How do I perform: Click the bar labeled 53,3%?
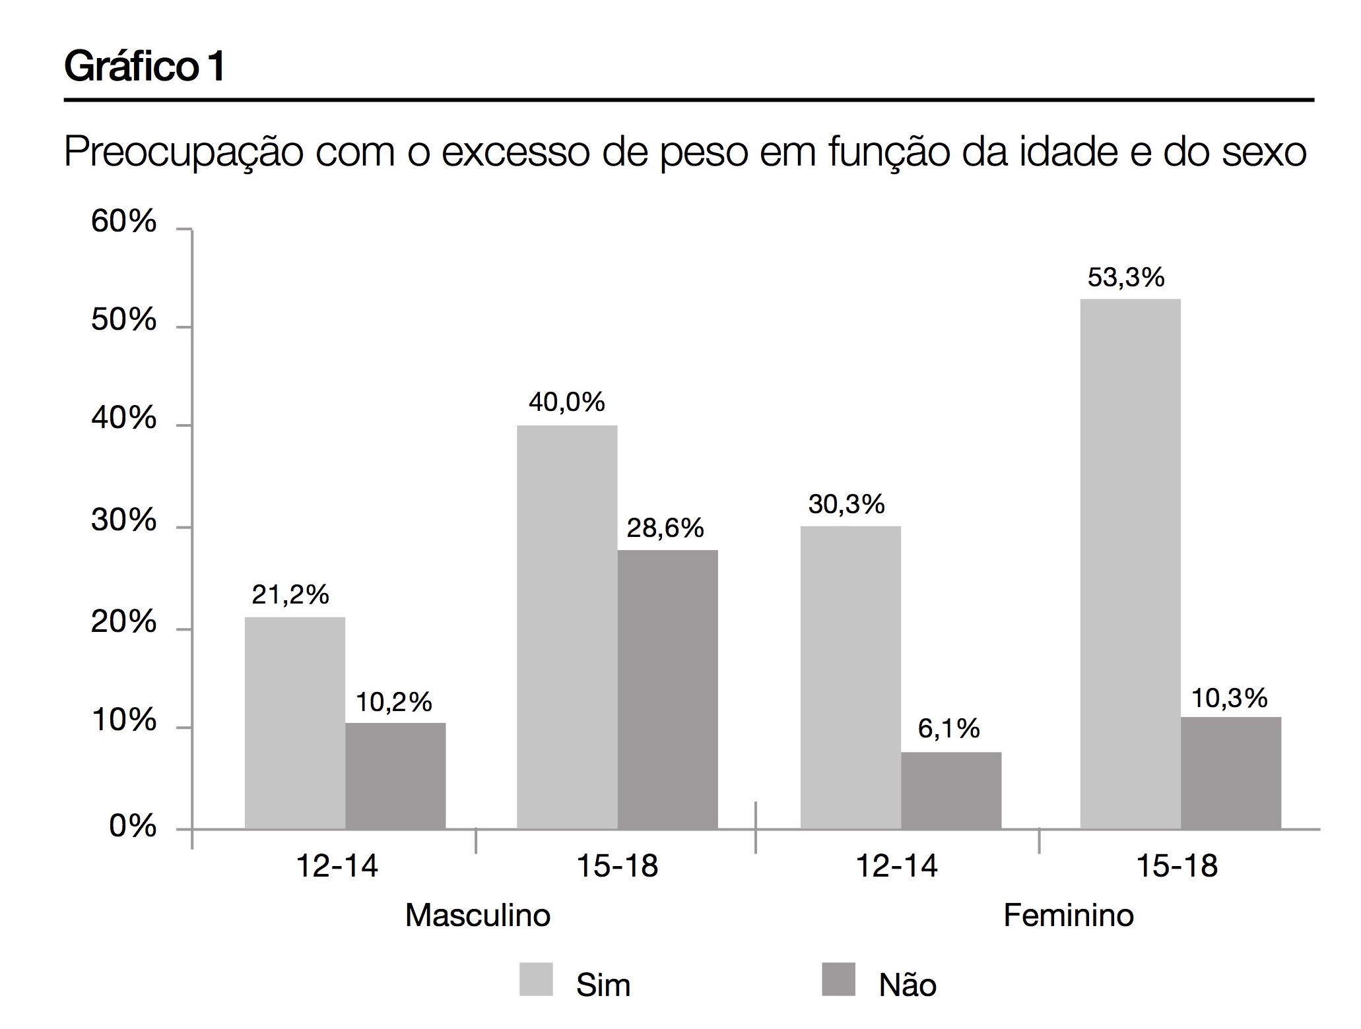[x=1129, y=564]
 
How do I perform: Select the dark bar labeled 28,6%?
[x=667, y=689]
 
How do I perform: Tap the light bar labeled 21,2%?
[x=294, y=723]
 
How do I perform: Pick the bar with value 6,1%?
[x=950, y=790]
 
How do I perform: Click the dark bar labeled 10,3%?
[x=1230, y=772]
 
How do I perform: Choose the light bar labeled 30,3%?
[x=850, y=677]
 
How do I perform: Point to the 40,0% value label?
[x=566, y=402]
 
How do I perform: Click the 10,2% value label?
[x=393, y=702]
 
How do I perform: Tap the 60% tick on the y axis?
[x=123, y=222]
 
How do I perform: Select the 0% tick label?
[x=133, y=826]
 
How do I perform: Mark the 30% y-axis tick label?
[x=123, y=521]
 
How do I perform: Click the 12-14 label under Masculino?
[x=337, y=865]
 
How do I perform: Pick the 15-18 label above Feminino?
[x=1176, y=865]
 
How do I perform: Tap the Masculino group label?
[x=477, y=916]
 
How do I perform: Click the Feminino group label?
[x=1068, y=916]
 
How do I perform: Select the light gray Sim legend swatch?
[x=535, y=980]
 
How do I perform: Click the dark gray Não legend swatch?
[x=838, y=980]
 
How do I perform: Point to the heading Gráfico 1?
[x=145, y=67]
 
